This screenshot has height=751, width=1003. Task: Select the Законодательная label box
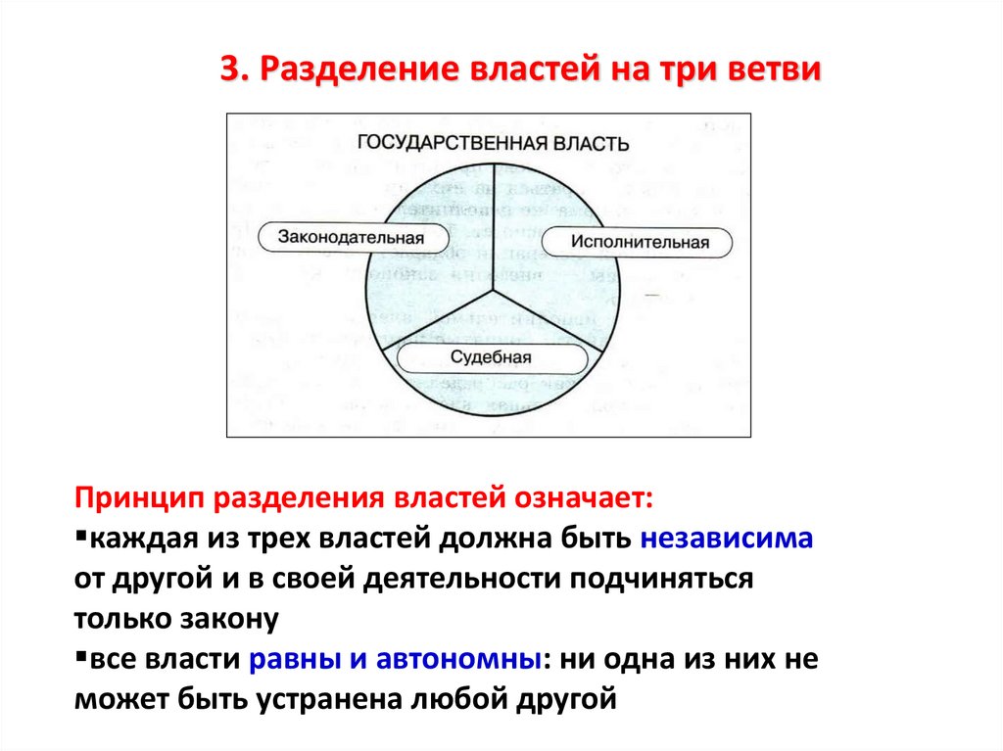tap(351, 237)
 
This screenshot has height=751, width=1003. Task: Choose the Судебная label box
tap(491, 356)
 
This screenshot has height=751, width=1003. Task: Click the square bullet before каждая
tap(79, 538)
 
